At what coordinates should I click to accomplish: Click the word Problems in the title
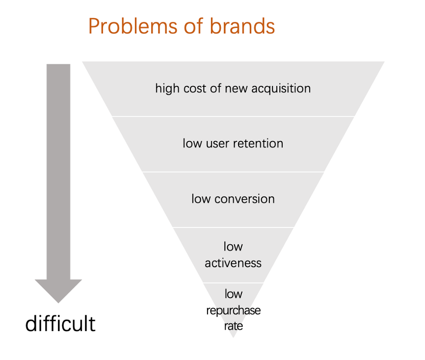pyautogui.click(x=133, y=27)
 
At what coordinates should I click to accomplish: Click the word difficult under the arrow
pyautogui.click(x=60, y=323)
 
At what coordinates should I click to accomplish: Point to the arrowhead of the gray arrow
pyautogui.click(x=58, y=303)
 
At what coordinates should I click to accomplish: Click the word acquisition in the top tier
pyautogui.click(x=281, y=89)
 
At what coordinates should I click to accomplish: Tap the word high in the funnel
pyautogui.click(x=167, y=89)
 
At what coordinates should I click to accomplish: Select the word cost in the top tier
pyautogui.click(x=195, y=89)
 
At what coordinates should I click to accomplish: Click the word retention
pyautogui.click(x=258, y=143)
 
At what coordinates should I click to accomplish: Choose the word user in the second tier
pyautogui.click(x=217, y=144)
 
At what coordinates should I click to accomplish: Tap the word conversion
pyautogui.click(x=244, y=199)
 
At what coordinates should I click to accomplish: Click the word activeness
pyautogui.click(x=233, y=263)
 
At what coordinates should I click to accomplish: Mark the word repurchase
pyautogui.click(x=234, y=310)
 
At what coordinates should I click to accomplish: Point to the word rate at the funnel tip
pyautogui.click(x=234, y=326)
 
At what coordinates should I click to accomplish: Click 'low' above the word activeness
pyautogui.click(x=233, y=247)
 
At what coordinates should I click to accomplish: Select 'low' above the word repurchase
pyautogui.click(x=234, y=294)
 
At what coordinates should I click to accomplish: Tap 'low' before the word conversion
pyautogui.click(x=201, y=198)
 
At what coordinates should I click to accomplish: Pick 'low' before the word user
pyautogui.click(x=192, y=143)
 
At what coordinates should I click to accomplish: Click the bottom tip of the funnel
pyautogui.click(x=234, y=337)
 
